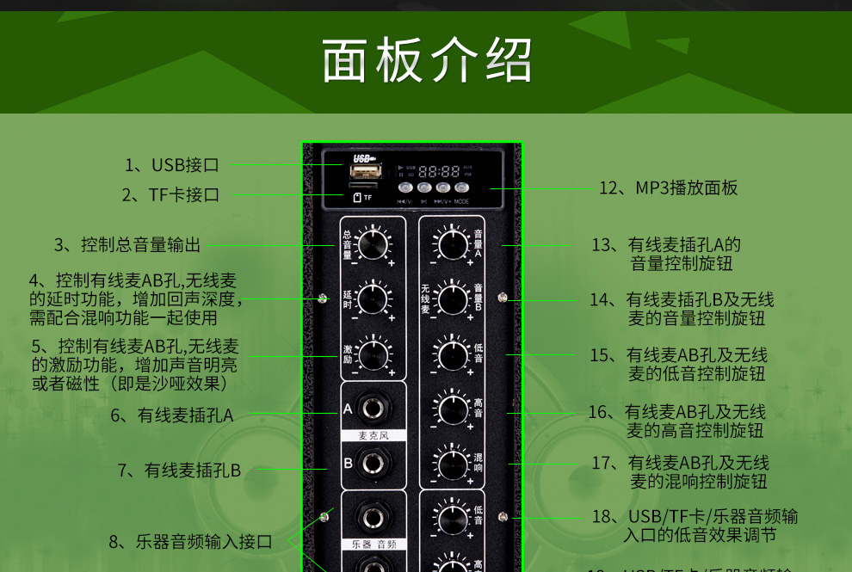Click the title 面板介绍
(x=427, y=59)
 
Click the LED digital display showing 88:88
(x=439, y=171)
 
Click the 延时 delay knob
(x=373, y=299)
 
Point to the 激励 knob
(x=373, y=354)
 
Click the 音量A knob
(x=453, y=244)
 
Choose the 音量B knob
(x=453, y=299)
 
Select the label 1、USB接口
(x=172, y=165)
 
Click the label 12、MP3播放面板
(x=668, y=188)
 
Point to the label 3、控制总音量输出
(x=127, y=245)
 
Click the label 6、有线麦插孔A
(x=171, y=415)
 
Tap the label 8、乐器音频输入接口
(x=190, y=542)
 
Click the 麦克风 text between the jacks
(x=373, y=436)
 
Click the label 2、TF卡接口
(x=170, y=195)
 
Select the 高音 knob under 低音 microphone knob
(x=453, y=409)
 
